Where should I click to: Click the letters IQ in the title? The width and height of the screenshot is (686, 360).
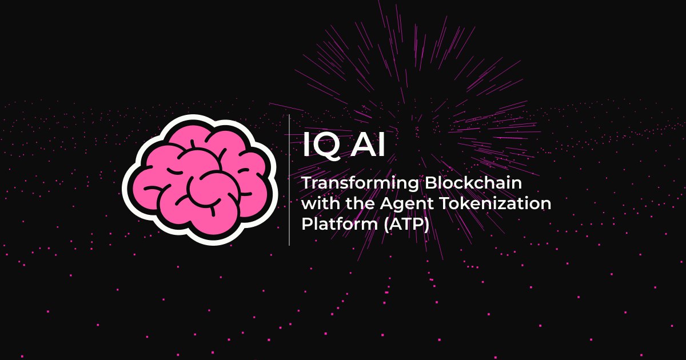pos(323,147)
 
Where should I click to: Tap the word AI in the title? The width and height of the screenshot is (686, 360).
pos(369,147)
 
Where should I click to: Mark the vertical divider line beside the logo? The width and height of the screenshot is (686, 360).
pos(289,180)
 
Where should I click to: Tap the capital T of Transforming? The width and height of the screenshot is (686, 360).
pos(306,184)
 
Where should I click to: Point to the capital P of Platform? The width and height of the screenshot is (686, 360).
pos(306,223)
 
